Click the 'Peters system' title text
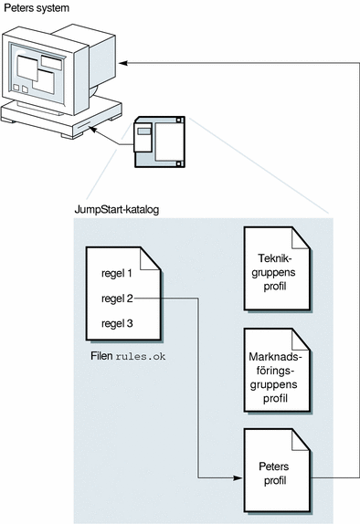37,8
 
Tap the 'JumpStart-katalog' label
116,210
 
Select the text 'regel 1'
116,273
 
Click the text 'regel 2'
117,299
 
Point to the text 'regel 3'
117,323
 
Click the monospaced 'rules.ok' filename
141,357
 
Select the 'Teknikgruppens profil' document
277,269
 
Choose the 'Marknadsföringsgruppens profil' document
277,371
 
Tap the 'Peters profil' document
277,470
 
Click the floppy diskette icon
160,142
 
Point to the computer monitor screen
37,74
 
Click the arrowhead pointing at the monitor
122,63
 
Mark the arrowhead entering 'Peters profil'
238,478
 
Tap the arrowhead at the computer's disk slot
92,129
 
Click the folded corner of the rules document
150,258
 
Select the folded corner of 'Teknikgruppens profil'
300,238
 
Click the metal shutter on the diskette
143,137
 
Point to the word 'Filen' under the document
101,356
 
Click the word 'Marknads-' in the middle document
275,357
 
